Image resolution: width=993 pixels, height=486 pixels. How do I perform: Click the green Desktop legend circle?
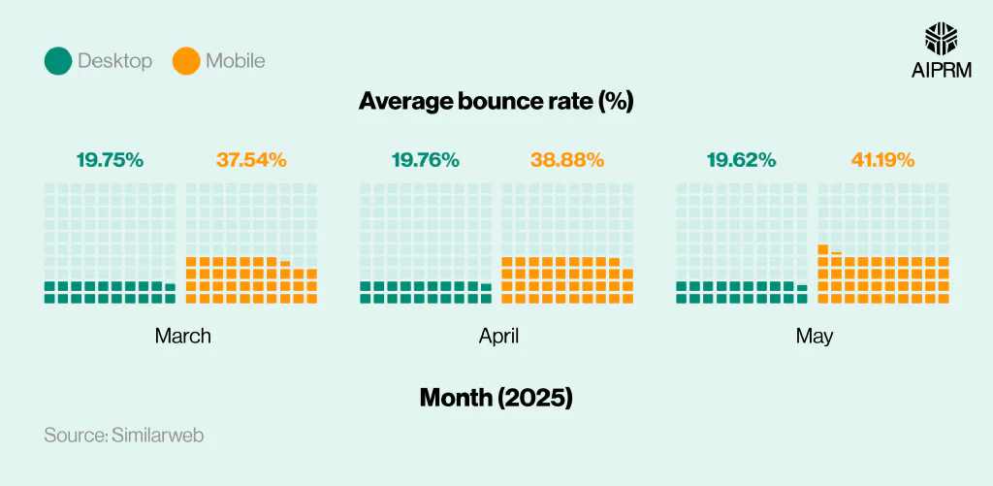click(x=59, y=61)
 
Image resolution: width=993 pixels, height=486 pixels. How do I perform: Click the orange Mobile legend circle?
click(x=186, y=61)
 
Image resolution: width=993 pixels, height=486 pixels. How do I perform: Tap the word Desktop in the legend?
click(x=115, y=61)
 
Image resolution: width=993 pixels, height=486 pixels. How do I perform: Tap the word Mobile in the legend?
click(x=235, y=61)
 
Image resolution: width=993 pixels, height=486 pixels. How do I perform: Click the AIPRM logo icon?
click(x=942, y=39)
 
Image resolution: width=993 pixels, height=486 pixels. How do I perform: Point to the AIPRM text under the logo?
click(x=942, y=71)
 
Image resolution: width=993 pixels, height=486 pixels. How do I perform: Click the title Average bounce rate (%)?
click(x=496, y=101)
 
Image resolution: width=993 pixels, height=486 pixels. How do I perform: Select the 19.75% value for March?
click(x=110, y=161)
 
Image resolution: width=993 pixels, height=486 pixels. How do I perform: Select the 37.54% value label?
click(x=250, y=161)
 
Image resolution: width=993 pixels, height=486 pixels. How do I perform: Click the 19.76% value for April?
click(x=426, y=161)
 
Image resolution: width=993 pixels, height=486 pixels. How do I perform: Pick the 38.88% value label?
click(x=566, y=161)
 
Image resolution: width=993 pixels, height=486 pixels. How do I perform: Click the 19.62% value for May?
click(x=742, y=161)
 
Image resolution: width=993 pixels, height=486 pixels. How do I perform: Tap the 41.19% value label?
click(x=882, y=161)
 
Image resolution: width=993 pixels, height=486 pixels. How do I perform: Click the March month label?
click(x=182, y=337)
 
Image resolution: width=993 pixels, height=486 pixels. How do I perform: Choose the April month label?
click(x=498, y=337)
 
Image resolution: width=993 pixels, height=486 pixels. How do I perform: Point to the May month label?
click(x=815, y=337)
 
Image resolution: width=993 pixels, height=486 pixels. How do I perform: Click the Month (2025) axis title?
click(x=496, y=397)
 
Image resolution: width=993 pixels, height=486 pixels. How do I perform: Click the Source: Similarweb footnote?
click(x=124, y=436)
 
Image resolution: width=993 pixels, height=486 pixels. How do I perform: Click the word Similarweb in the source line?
click(x=157, y=436)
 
